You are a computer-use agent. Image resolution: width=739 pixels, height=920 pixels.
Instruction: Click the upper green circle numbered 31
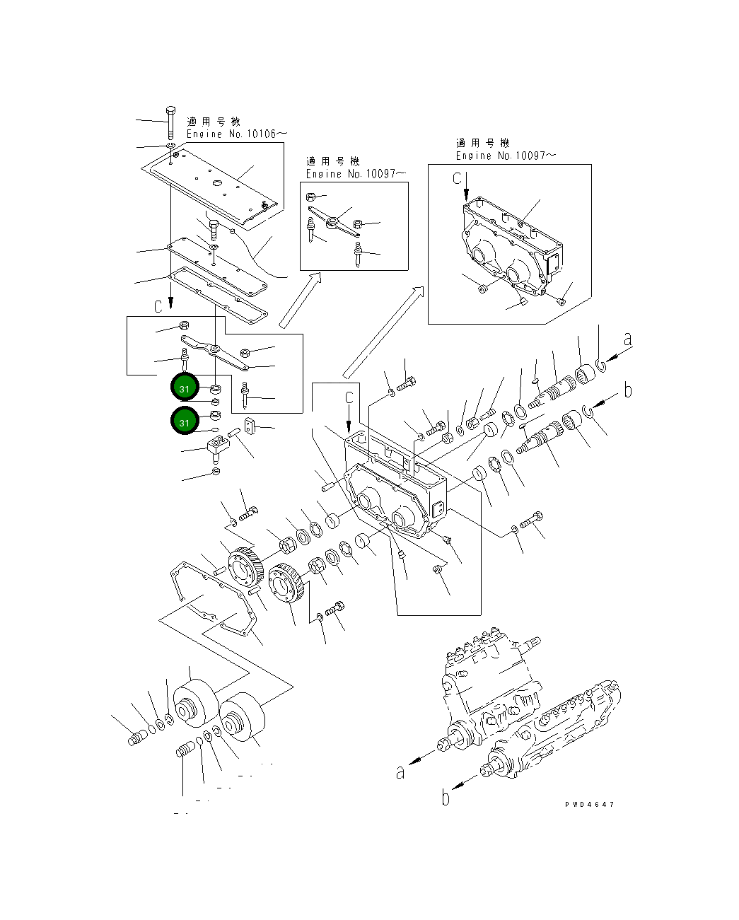pyautogui.click(x=185, y=388)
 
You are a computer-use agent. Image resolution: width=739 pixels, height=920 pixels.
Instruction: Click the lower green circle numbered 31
pyautogui.click(x=185, y=422)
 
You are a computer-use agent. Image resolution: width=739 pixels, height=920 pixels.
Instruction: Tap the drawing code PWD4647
pyautogui.click(x=589, y=805)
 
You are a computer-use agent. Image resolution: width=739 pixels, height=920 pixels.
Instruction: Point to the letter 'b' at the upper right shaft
pyautogui.click(x=627, y=390)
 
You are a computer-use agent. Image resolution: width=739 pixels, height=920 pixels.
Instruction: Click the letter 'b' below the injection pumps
pyautogui.click(x=446, y=797)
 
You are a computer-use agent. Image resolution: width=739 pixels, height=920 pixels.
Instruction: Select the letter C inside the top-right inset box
pyautogui.click(x=458, y=179)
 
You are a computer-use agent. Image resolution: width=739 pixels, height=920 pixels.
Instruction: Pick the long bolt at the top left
pyautogui.click(x=170, y=123)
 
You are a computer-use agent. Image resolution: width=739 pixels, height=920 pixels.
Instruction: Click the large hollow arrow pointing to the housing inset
pyautogui.click(x=383, y=332)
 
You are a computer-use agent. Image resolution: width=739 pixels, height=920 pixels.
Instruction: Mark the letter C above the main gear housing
pyautogui.click(x=349, y=399)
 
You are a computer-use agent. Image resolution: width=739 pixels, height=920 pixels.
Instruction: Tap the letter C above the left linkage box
pyautogui.click(x=159, y=305)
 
